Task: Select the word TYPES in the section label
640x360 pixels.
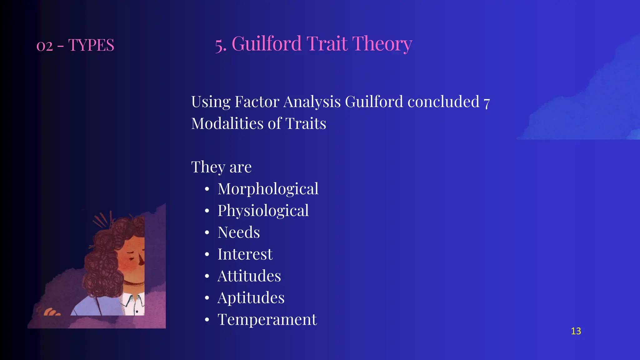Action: tap(91, 45)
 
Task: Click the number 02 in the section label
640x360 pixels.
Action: tap(44, 46)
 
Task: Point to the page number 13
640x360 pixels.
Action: tap(576, 331)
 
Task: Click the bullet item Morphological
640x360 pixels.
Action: tap(268, 189)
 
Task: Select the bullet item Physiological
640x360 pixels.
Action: tap(263, 211)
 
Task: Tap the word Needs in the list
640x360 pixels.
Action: tap(238, 232)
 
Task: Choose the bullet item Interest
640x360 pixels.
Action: tap(245, 254)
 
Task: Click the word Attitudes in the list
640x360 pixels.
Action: tap(249, 276)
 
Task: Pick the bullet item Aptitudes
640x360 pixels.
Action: tap(251, 298)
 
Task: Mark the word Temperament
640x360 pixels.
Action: tap(267, 320)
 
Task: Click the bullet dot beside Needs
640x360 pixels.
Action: tap(207, 233)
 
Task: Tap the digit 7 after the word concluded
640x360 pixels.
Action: tap(487, 103)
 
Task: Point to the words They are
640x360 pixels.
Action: tap(221, 167)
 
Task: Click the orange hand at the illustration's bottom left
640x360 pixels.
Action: tap(51, 312)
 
